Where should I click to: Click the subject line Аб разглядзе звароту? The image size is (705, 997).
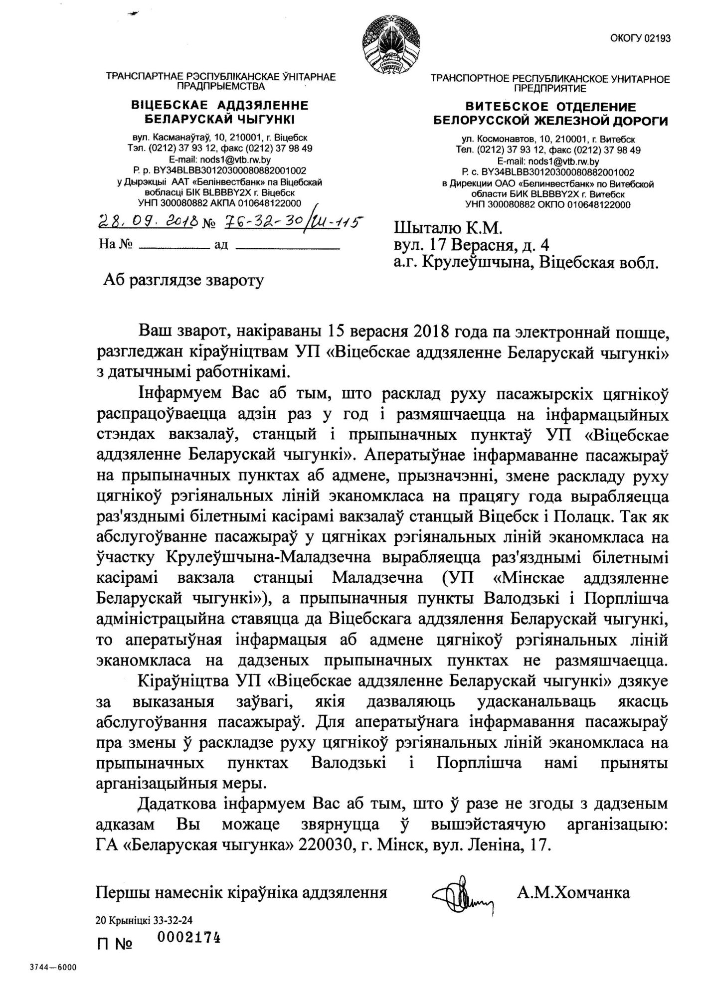[x=183, y=281]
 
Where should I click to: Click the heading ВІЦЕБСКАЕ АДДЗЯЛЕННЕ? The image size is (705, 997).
[x=220, y=106]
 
